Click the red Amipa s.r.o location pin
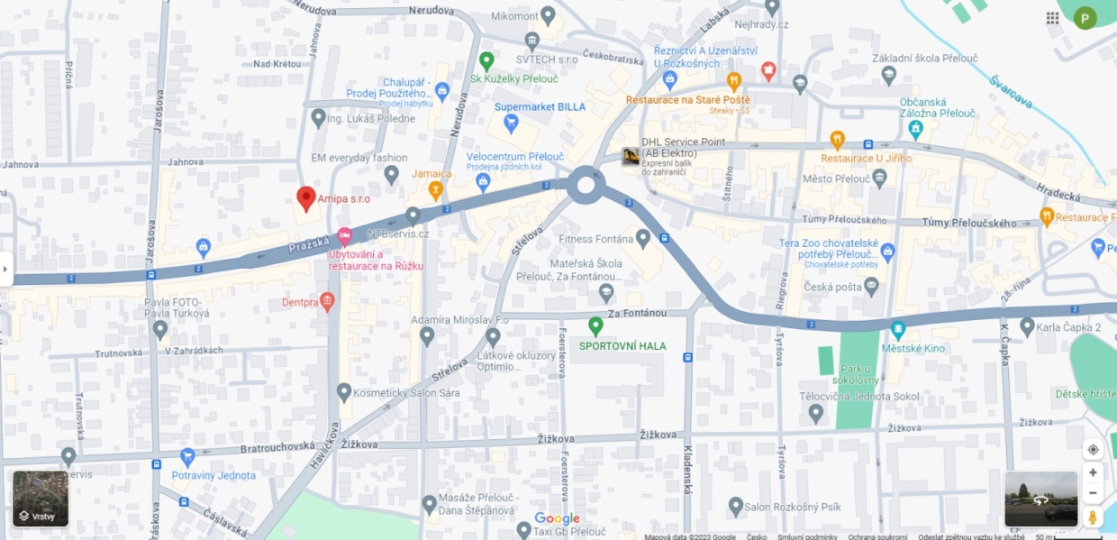pyautogui.click(x=306, y=197)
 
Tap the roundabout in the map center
pyautogui.click(x=586, y=186)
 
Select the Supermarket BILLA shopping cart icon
pyautogui.click(x=511, y=123)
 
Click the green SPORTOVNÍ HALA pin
pyautogui.click(x=595, y=325)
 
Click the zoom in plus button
pyautogui.click(x=1093, y=472)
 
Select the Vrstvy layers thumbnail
pyautogui.click(x=41, y=499)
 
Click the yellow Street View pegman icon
pyautogui.click(x=1093, y=517)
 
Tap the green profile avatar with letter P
pyautogui.click(x=1085, y=18)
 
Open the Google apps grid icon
pyautogui.click(x=1052, y=18)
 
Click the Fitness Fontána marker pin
pyautogui.click(x=642, y=239)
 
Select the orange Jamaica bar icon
pyautogui.click(x=436, y=189)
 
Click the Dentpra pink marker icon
pyautogui.click(x=327, y=301)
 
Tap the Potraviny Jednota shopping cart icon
pyautogui.click(x=187, y=457)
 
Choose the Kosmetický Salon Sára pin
pyautogui.click(x=343, y=392)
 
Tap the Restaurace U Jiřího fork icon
pyautogui.click(x=837, y=140)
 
